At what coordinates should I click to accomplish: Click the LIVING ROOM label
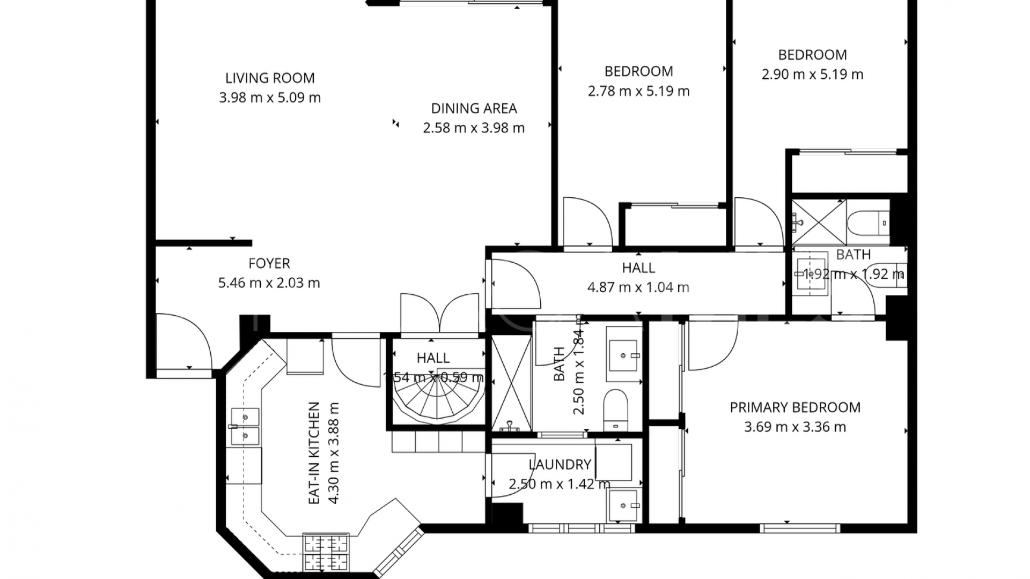tap(270, 78)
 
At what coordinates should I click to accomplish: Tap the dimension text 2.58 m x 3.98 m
tap(474, 128)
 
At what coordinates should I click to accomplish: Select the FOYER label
tap(269, 264)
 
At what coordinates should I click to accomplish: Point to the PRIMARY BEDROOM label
tap(795, 407)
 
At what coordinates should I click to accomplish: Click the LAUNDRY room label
tap(560, 465)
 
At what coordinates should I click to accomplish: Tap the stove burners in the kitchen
tap(326, 552)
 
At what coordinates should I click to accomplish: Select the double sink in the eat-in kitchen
tap(245, 426)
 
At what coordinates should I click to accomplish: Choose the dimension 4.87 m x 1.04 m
tap(638, 287)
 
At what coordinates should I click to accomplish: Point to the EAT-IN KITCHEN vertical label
tap(314, 453)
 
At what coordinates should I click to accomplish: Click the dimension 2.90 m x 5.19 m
tap(812, 75)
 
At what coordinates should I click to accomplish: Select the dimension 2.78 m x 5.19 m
tap(638, 91)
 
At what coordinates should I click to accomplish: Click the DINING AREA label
tap(474, 109)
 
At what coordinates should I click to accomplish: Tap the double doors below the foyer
tap(439, 314)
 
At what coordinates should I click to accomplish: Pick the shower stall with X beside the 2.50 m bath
tap(511, 383)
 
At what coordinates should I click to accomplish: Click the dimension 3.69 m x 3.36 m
tap(795, 427)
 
